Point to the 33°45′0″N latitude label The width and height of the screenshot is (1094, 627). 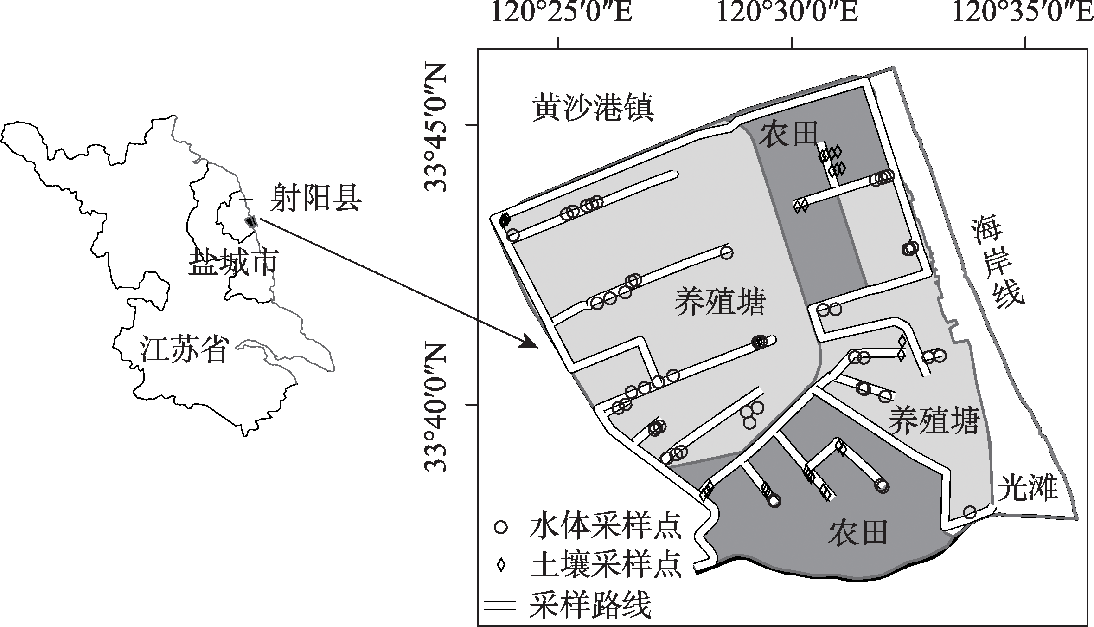point(436,128)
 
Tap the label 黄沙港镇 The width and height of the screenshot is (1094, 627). point(593,108)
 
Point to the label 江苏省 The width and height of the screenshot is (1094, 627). point(185,350)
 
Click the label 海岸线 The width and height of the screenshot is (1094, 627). point(996,262)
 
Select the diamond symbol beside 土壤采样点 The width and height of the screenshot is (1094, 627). point(501,565)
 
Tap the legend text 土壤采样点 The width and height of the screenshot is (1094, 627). point(606,565)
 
